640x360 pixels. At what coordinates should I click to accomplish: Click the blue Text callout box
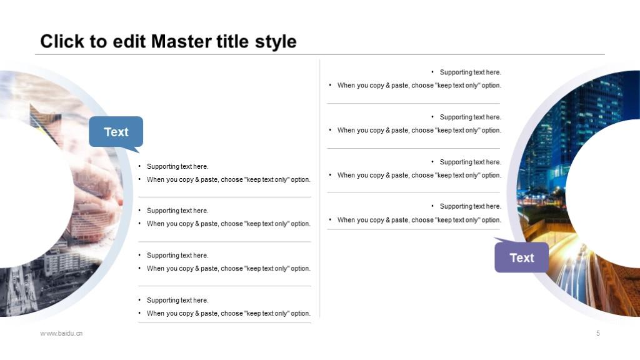116,131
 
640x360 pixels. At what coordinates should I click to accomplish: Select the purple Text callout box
522,257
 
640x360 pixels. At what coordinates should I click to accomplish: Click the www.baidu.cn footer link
61,333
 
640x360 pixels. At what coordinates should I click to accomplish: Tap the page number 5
598,333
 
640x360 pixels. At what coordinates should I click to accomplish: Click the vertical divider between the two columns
319,188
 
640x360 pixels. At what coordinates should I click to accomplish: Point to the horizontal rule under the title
320,54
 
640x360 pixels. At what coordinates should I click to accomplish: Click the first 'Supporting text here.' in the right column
470,72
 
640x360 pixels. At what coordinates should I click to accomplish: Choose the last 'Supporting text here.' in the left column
177,300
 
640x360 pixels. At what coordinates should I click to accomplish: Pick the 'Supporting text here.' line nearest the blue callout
177,166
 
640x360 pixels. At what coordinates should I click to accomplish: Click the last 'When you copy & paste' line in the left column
229,313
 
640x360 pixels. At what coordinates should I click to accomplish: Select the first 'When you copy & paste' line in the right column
419,85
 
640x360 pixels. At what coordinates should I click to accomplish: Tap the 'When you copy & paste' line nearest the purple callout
419,219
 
